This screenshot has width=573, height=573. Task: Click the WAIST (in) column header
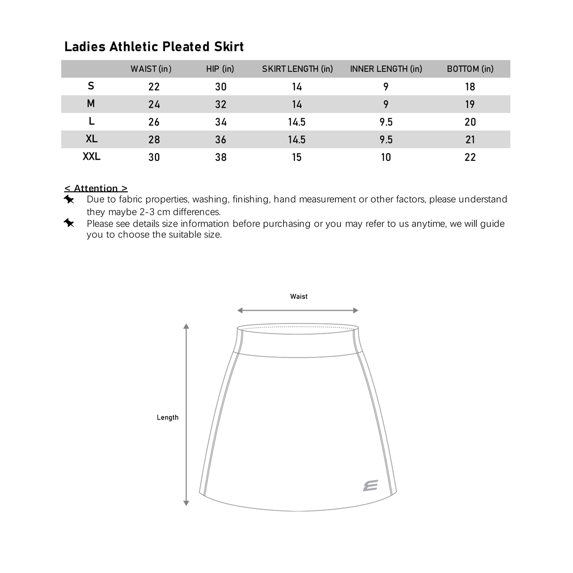[151, 69]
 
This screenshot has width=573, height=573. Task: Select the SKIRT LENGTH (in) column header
[297, 69]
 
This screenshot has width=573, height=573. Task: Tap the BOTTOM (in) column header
[470, 69]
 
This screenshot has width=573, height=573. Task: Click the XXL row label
[92, 157]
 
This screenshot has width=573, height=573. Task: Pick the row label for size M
[91, 104]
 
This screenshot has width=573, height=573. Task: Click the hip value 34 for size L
[221, 122]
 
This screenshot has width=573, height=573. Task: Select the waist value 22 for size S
[154, 87]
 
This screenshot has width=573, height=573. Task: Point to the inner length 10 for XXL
[386, 157]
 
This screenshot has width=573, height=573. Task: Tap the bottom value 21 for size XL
[470, 139]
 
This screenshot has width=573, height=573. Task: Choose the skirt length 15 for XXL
[297, 157]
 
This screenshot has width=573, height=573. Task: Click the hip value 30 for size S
[221, 87]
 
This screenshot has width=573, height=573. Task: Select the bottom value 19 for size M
[470, 104]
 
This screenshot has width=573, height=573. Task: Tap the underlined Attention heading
[96, 188]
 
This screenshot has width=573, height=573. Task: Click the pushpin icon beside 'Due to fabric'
[69, 199]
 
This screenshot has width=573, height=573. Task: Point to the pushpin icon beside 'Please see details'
[69, 223]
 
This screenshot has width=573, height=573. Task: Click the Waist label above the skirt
[299, 296]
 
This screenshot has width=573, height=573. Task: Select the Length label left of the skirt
[168, 418]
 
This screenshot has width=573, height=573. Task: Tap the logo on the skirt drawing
[370, 486]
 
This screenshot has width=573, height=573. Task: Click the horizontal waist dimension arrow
[298, 311]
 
